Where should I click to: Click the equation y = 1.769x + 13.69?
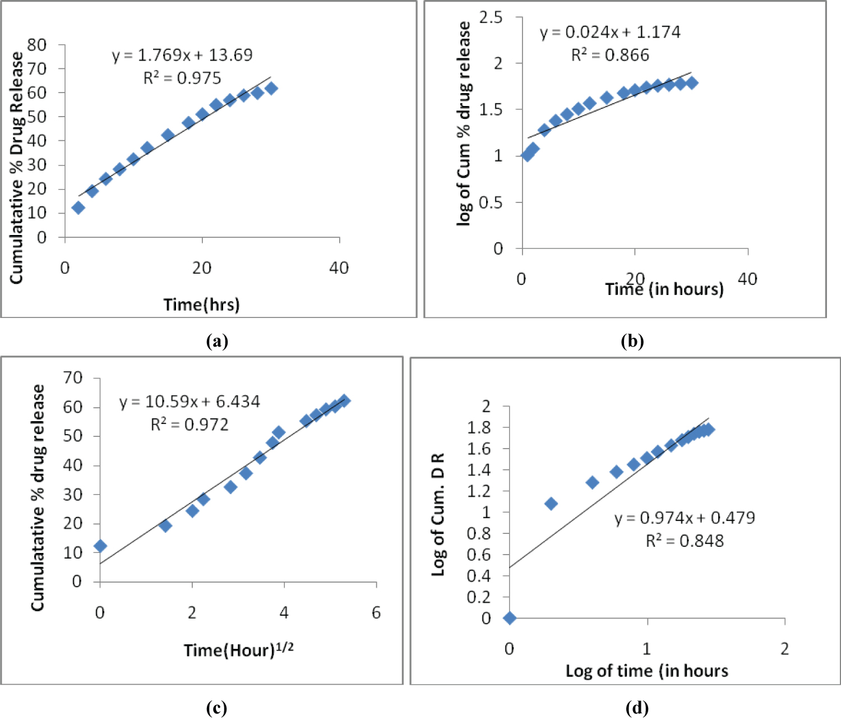pos(182,55)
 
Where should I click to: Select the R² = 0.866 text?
pos(610,55)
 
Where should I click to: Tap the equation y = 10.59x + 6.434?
pos(190,402)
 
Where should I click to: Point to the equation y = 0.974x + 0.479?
pos(685,518)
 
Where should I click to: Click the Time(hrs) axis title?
pos(201,305)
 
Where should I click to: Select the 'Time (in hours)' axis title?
pos(664,289)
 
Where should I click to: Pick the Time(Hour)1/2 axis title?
pos(238,650)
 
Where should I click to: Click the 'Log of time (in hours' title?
pos(646,671)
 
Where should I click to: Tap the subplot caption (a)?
pos(217,341)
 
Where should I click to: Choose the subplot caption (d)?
pos(637,708)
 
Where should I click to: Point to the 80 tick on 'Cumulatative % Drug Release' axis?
pos(37,44)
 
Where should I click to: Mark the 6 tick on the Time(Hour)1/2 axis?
pos(376,612)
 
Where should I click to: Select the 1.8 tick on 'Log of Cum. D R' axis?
pos(479,427)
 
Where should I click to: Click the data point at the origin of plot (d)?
pos(510,618)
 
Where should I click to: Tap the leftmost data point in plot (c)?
pos(100,546)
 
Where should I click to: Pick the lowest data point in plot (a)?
pos(78,207)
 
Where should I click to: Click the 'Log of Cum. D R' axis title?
pos(438,515)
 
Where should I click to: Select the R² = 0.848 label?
pos(685,541)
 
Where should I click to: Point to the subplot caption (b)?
pos(632,341)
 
